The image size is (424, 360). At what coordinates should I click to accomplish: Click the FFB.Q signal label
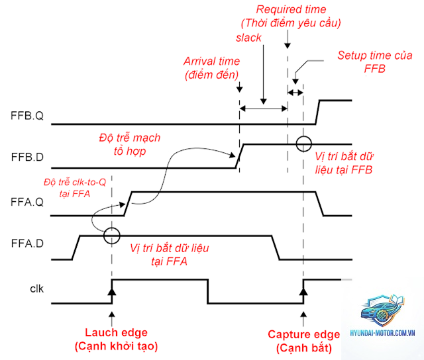click(x=27, y=116)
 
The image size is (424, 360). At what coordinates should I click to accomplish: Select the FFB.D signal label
click(x=27, y=157)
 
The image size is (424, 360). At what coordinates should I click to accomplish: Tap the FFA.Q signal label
click(x=27, y=202)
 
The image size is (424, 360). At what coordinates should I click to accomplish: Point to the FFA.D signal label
click(x=27, y=244)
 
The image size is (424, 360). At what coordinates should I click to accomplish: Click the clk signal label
click(x=37, y=289)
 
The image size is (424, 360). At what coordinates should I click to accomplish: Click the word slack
click(x=248, y=38)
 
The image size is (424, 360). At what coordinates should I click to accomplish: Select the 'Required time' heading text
click(x=291, y=9)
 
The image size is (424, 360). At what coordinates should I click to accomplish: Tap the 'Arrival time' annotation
click(x=212, y=62)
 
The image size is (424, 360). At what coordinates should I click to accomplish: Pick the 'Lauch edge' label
click(x=117, y=332)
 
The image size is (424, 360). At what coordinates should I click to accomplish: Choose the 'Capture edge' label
click(x=304, y=334)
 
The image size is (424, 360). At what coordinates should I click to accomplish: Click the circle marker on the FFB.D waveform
click(x=303, y=136)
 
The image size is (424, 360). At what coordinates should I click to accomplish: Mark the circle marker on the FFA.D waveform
click(x=111, y=228)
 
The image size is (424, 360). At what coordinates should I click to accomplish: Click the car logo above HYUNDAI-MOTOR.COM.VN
click(x=382, y=310)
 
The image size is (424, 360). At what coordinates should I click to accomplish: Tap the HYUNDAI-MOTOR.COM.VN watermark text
click(x=382, y=333)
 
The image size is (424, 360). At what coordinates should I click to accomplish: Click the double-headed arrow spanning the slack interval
click(x=264, y=109)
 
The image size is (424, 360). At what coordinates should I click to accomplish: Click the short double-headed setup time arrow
click(x=295, y=93)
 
